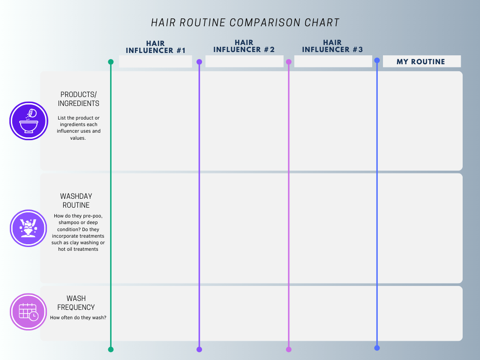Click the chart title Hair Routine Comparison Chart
(x=245, y=22)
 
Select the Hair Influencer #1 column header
(x=156, y=47)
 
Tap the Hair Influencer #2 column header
(x=244, y=46)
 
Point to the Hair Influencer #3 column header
(x=332, y=46)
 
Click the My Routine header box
(x=421, y=61)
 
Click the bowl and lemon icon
(x=29, y=121)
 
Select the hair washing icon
(x=28, y=228)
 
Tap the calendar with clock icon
(x=28, y=312)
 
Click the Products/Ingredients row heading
(x=78, y=99)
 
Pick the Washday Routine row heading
(x=76, y=201)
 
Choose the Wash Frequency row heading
(x=76, y=303)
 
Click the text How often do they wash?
(x=78, y=317)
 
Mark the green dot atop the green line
(x=111, y=62)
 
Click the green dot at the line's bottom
(x=111, y=349)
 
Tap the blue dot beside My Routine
(x=377, y=60)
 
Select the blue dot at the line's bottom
(x=377, y=348)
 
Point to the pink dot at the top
(x=289, y=62)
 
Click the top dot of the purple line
(x=199, y=62)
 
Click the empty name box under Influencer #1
(x=156, y=61)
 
